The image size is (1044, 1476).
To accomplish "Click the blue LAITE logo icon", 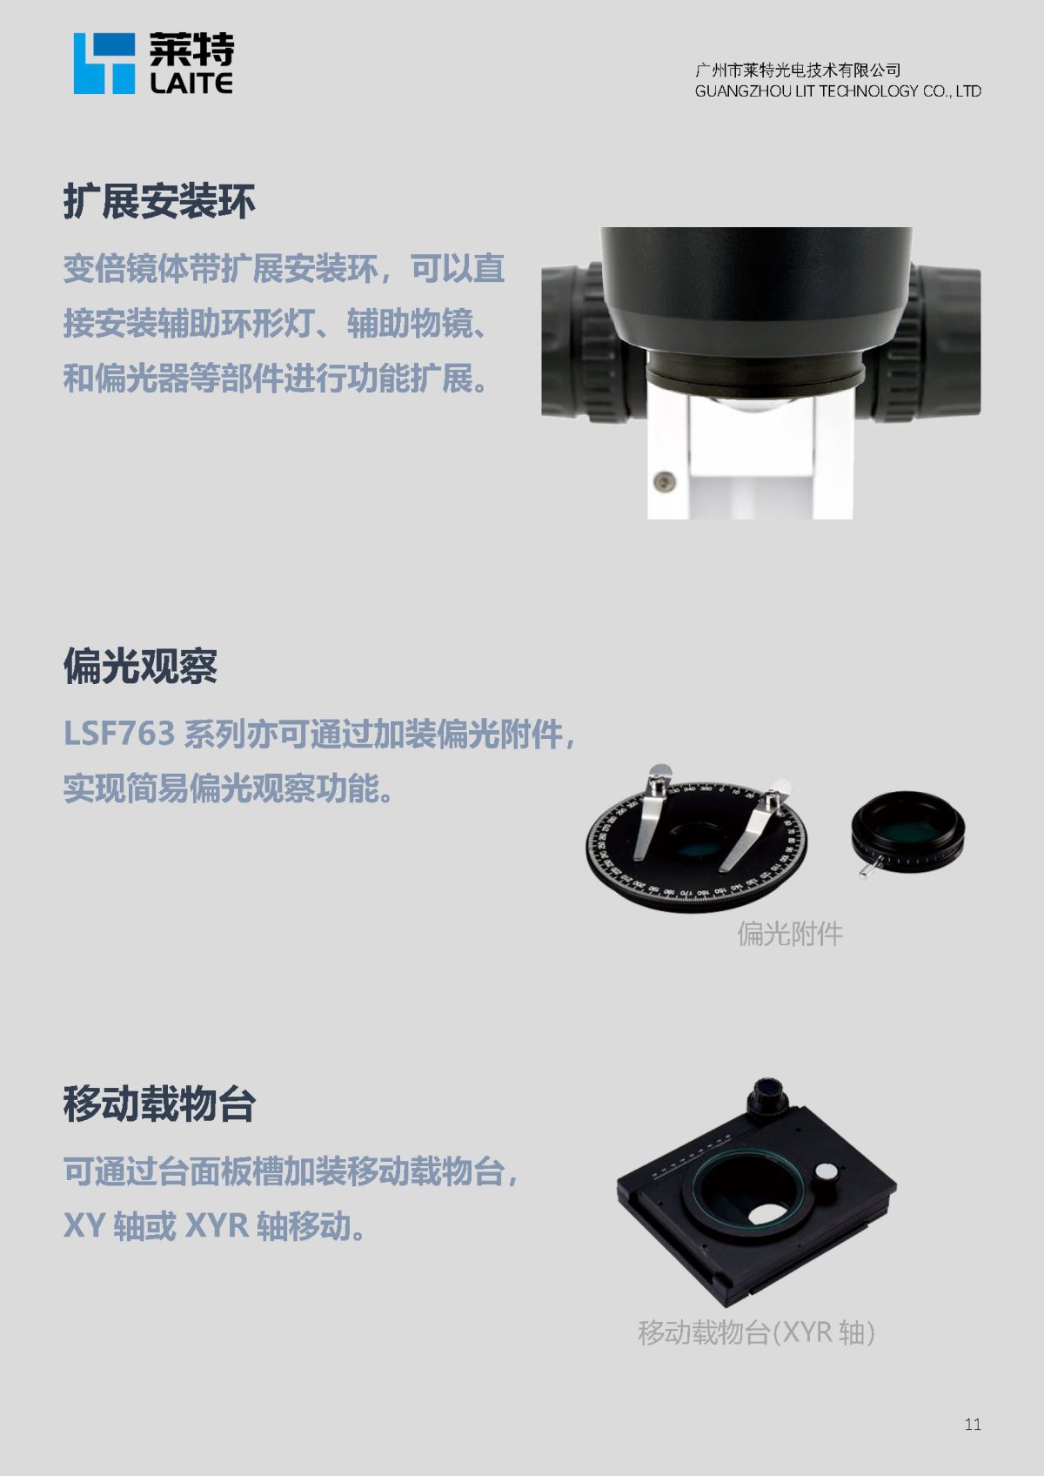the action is (104, 64).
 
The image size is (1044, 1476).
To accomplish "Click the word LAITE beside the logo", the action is (191, 83).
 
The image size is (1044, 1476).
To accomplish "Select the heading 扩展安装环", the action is (159, 201).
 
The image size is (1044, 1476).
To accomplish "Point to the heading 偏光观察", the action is (140, 666).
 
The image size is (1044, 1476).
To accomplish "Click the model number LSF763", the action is (119, 733).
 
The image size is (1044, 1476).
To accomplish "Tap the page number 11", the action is (972, 1425).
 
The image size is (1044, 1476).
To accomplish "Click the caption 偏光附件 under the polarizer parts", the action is (790, 934).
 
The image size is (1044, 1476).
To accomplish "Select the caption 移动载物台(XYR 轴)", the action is (756, 1332).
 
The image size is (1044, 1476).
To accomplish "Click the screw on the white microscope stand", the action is (664, 480).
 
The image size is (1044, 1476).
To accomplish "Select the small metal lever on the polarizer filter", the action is (869, 867).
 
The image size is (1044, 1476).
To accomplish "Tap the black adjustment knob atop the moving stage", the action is (766, 1098).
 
